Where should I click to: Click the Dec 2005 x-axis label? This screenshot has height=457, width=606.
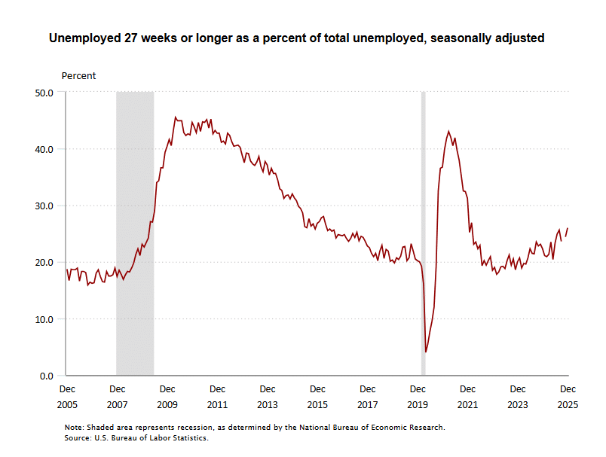67,397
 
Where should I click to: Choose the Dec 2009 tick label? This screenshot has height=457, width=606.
167,397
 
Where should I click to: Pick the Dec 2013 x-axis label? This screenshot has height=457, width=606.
268,397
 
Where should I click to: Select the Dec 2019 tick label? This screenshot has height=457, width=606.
418,397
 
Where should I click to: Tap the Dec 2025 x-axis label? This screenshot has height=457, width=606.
568,397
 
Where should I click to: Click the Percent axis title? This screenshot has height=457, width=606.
78,76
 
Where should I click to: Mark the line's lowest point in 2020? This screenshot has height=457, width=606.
426,352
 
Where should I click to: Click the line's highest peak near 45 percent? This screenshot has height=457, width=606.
176,117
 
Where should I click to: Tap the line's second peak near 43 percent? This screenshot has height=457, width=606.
449,131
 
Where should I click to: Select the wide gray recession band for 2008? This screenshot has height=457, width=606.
135,233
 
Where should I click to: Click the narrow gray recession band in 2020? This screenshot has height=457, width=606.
423,233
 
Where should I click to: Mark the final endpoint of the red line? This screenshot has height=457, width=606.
568,228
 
